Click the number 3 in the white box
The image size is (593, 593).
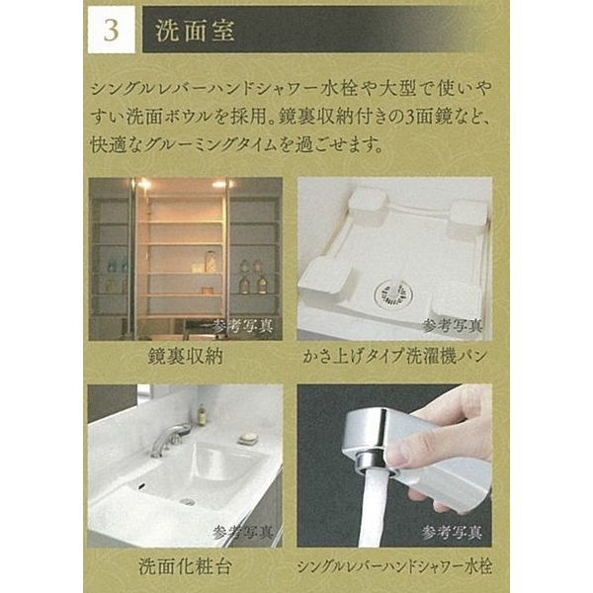(x=111, y=31)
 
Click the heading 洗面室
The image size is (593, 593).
(x=195, y=30)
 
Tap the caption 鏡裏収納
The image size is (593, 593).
(x=186, y=356)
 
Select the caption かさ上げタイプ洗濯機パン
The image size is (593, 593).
(x=394, y=356)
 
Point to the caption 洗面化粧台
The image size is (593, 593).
(x=185, y=566)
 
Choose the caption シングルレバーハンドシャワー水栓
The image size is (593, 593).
(x=394, y=566)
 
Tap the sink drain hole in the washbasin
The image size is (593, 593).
(x=187, y=502)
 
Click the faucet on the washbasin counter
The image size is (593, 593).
(x=170, y=439)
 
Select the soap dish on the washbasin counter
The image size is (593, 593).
(x=248, y=438)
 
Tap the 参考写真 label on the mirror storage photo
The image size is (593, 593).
(x=243, y=325)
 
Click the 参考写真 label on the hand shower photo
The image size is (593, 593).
(x=452, y=533)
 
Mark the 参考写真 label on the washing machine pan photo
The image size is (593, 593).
(x=453, y=325)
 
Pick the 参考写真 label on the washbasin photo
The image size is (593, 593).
(x=243, y=533)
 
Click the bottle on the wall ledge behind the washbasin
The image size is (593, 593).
(x=202, y=414)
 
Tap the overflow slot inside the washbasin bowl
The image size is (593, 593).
(x=142, y=486)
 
